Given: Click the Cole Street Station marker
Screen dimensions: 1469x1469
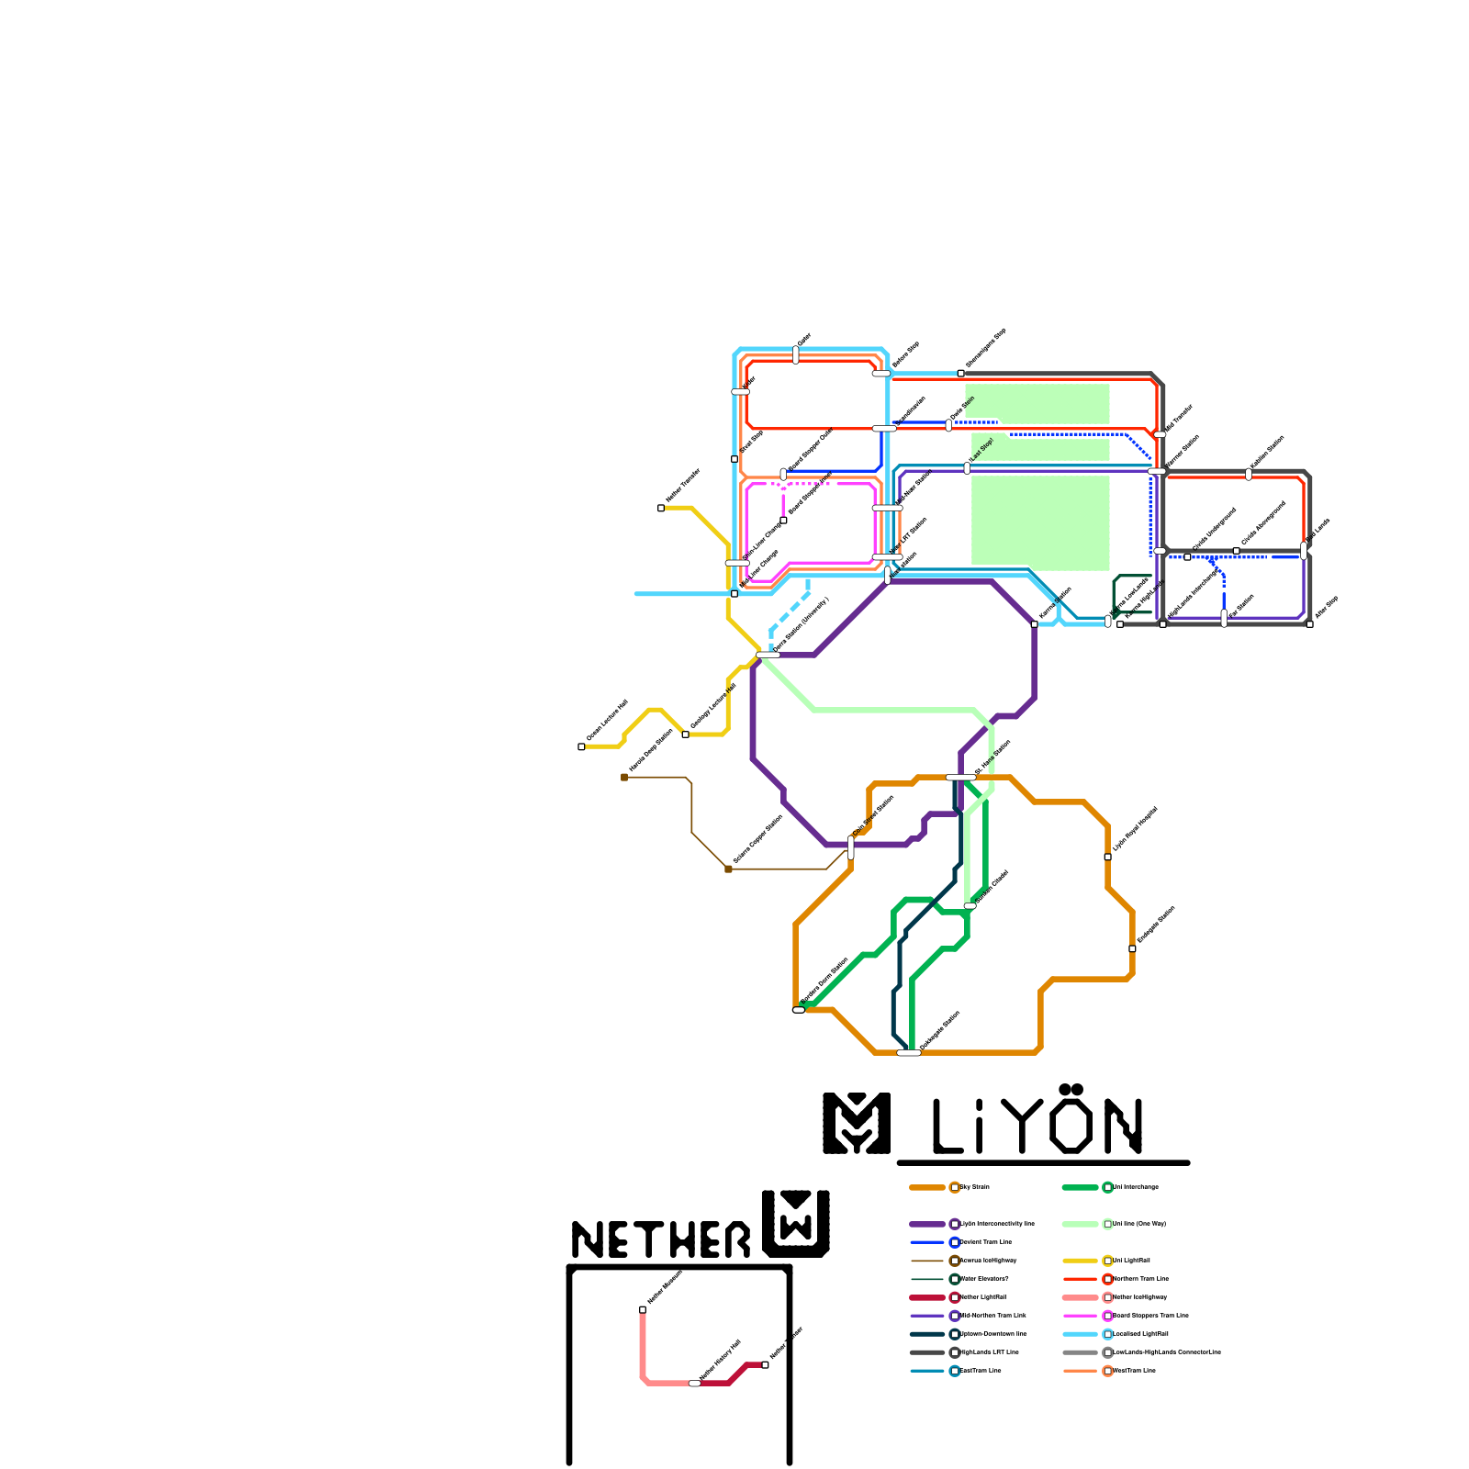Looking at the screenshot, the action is click(x=851, y=847).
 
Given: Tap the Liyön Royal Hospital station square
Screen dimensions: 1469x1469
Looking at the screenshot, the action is click(x=1107, y=857).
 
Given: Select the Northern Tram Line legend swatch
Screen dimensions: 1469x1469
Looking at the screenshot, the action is click(x=1081, y=1279).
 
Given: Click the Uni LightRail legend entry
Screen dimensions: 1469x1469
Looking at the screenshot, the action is click(x=1131, y=1261).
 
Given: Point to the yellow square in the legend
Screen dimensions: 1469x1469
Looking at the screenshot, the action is click(x=1108, y=1261).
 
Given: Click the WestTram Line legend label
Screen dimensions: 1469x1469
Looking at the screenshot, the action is click(x=1135, y=1371).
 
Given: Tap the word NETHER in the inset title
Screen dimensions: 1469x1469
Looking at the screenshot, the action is click(x=661, y=1239).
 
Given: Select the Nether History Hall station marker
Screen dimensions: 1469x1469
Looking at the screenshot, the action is click(x=695, y=1383).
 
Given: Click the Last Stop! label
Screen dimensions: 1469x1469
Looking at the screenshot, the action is click(x=982, y=450).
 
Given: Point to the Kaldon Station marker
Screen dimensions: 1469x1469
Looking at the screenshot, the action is click(x=1249, y=474).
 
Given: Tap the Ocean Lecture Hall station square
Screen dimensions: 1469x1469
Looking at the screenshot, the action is click(x=581, y=746).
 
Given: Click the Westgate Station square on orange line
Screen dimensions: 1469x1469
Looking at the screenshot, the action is click(x=1132, y=948).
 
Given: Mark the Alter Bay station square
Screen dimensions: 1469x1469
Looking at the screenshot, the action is click(x=1309, y=624).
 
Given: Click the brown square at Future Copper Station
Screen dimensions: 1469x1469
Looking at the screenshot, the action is click(x=728, y=869).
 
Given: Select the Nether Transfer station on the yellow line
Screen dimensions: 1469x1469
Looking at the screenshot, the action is click(x=661, y=508).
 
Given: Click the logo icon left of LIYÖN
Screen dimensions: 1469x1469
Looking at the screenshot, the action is click(x=857, y=1123).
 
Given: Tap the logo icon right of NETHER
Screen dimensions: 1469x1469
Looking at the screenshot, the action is click(x=796, y=1223).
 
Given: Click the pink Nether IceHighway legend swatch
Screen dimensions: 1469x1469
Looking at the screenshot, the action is click(x=1081, y=1297).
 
